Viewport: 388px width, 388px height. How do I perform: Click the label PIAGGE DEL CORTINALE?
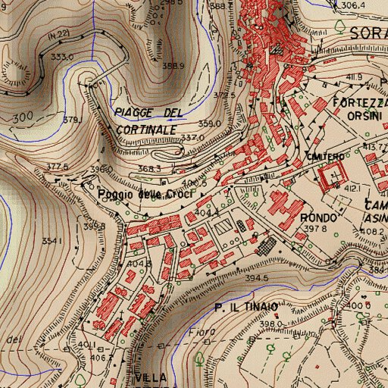149,121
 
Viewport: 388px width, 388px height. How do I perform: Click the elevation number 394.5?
257,278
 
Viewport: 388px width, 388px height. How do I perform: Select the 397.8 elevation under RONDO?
314,228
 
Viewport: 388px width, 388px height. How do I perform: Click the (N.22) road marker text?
57,35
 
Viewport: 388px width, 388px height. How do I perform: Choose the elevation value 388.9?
174,66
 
